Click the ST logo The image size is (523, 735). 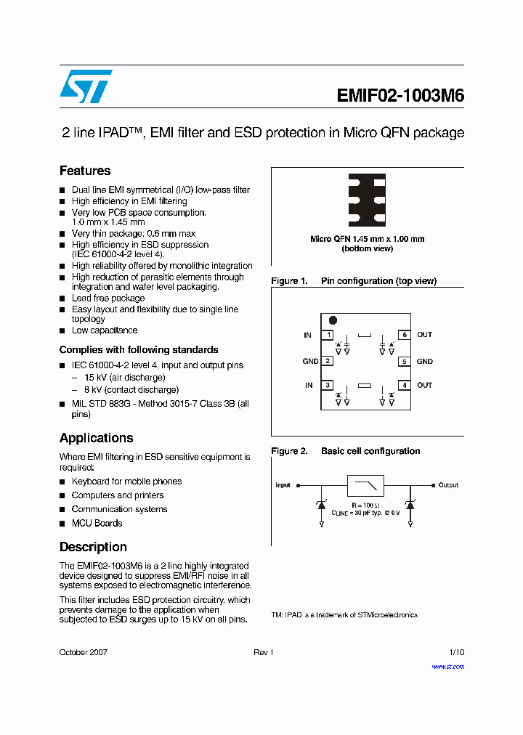pos(86,86)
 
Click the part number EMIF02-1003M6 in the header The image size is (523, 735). pos(400,97)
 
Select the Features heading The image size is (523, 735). pos(85,171)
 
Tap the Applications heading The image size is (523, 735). pos(96,438)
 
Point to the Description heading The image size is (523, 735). pos(93,547)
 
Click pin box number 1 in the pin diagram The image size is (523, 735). pos(328,335)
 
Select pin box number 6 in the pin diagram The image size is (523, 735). pos(404,335)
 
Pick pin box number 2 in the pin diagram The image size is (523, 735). pos(328,361)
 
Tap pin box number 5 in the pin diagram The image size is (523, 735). pos(404,361)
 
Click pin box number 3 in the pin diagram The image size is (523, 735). pos(328,386)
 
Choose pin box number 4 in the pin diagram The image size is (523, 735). pos(404,386)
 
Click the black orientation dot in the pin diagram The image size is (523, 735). pos(333,320)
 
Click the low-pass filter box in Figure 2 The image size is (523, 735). pos(365,485)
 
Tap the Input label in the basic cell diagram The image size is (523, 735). pos(283,485)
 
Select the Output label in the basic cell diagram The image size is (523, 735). pos(448,485)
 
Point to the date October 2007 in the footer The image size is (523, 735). pos(84,652)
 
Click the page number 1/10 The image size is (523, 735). pos(456,652)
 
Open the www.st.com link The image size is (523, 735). pos(448,667)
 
